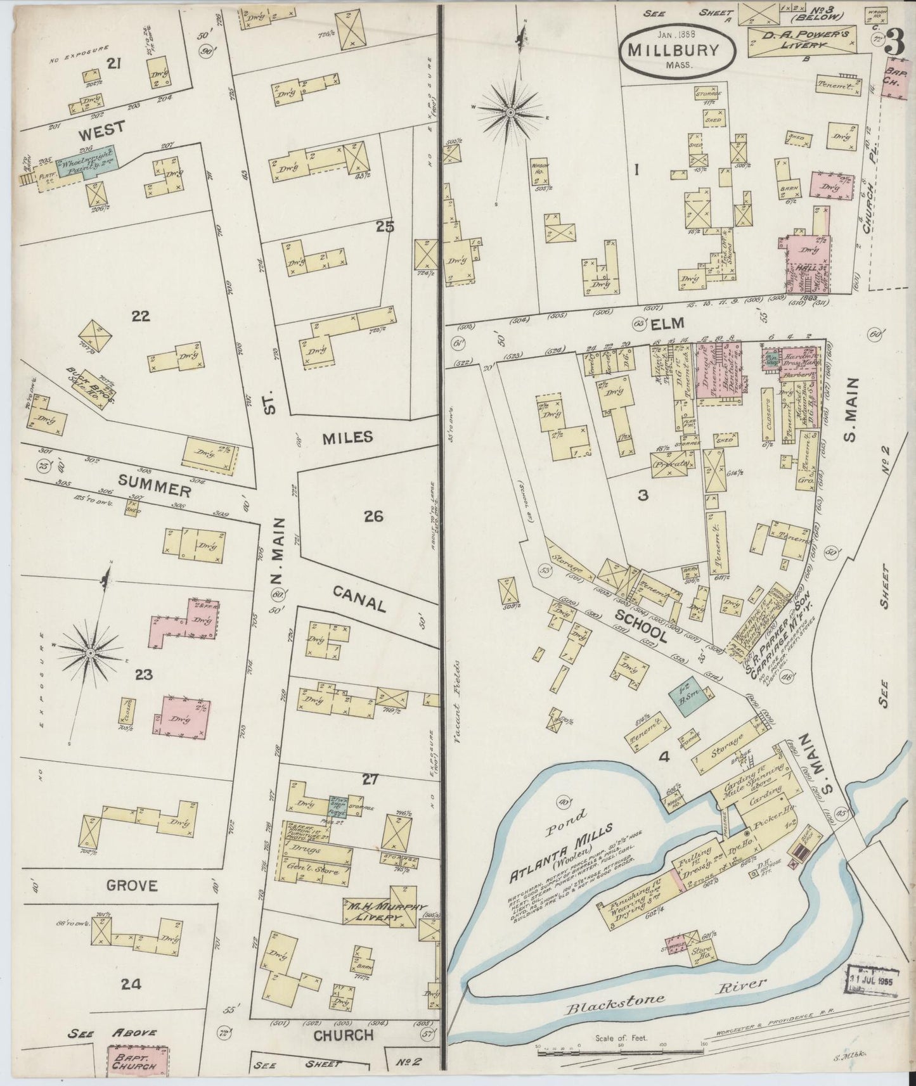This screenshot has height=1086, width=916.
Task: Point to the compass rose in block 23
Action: (x=90, y=652)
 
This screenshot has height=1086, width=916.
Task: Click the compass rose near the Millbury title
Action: (x=510, y=112)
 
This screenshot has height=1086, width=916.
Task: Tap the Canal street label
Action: (x=359, y=597)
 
